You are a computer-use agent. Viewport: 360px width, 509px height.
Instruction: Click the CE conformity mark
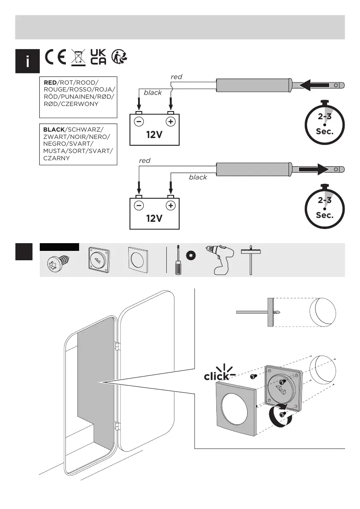55,57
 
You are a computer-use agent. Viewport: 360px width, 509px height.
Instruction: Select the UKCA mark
98,57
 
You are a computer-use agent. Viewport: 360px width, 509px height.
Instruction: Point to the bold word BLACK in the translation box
53,129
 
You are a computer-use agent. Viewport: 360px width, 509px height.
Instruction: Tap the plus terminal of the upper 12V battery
171,121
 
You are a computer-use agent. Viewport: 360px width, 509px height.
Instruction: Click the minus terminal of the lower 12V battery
139,205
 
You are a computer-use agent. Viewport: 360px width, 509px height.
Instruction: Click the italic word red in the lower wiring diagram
145,161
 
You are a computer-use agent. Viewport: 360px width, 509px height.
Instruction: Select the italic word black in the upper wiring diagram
153,92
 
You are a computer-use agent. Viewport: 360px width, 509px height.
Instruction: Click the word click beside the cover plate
216,377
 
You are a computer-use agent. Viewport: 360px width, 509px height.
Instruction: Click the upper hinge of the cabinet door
117,345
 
